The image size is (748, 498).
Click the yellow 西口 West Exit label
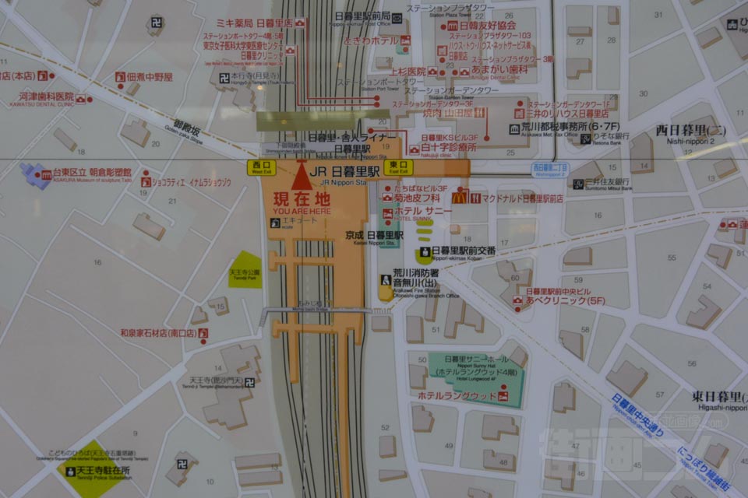pyautogui.click(x=261, y=167)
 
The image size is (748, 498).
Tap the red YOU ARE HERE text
pyautogui.click(x=302, y=210)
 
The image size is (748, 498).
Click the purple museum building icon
pyautogui.click(x=36, y=174)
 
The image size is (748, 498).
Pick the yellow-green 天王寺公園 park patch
pyautogui.click(x=245, y=270)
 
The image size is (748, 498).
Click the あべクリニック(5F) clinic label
pyautogui.click(x=555, y=300)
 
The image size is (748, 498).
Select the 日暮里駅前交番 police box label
pyautogui.click(x=463, y=251)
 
